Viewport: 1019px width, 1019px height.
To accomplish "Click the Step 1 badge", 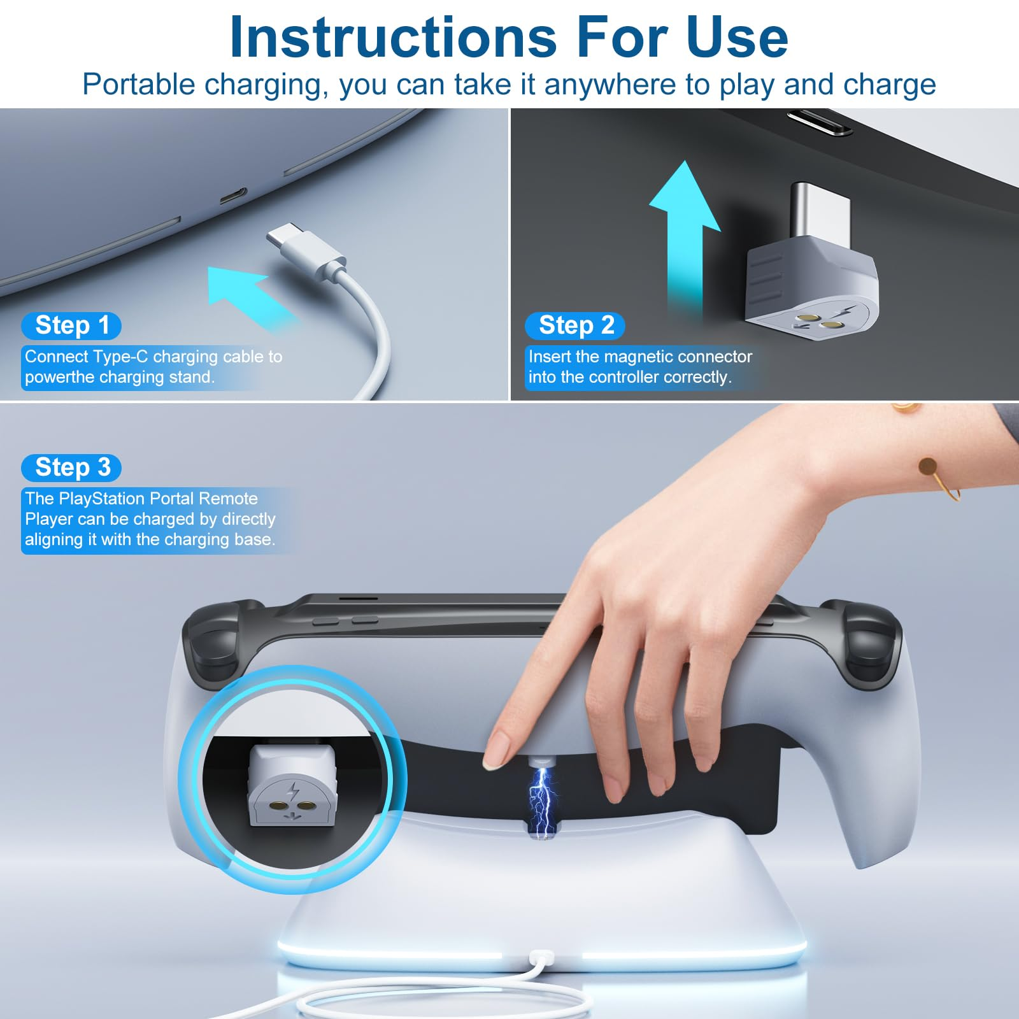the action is tap(71, 325).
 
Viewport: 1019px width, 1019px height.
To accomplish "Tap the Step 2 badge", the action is tap(575, 325).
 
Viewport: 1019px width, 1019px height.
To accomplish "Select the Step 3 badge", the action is tap(71, 467).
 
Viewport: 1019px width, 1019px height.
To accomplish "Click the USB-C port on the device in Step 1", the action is tap(233, 196).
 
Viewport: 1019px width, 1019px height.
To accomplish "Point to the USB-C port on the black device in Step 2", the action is tap(820, 122).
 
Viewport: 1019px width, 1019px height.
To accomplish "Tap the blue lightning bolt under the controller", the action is tap(541, 801).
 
